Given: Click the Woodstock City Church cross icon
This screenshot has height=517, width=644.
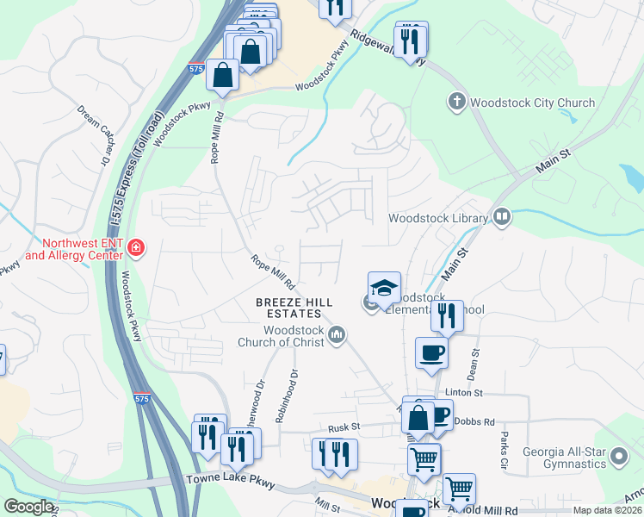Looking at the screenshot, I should coord(455,103).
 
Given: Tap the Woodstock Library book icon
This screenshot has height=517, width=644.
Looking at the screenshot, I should coord(501,218).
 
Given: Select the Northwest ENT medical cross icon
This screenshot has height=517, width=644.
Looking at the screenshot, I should coord(136,250).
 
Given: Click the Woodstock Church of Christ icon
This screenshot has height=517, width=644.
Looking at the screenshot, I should coord(337,333).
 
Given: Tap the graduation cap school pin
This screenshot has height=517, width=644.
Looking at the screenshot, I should coord(385,289).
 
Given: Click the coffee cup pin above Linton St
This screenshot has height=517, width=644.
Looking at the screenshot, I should coord(431,352).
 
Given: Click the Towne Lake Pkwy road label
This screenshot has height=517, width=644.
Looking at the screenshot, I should coord(231,482).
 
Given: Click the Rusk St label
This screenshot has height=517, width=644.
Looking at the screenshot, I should coord(343,427).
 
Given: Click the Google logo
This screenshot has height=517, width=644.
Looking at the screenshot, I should coord(28,507).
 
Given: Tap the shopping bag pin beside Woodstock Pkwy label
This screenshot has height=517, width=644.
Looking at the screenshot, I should coord(223,75).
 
